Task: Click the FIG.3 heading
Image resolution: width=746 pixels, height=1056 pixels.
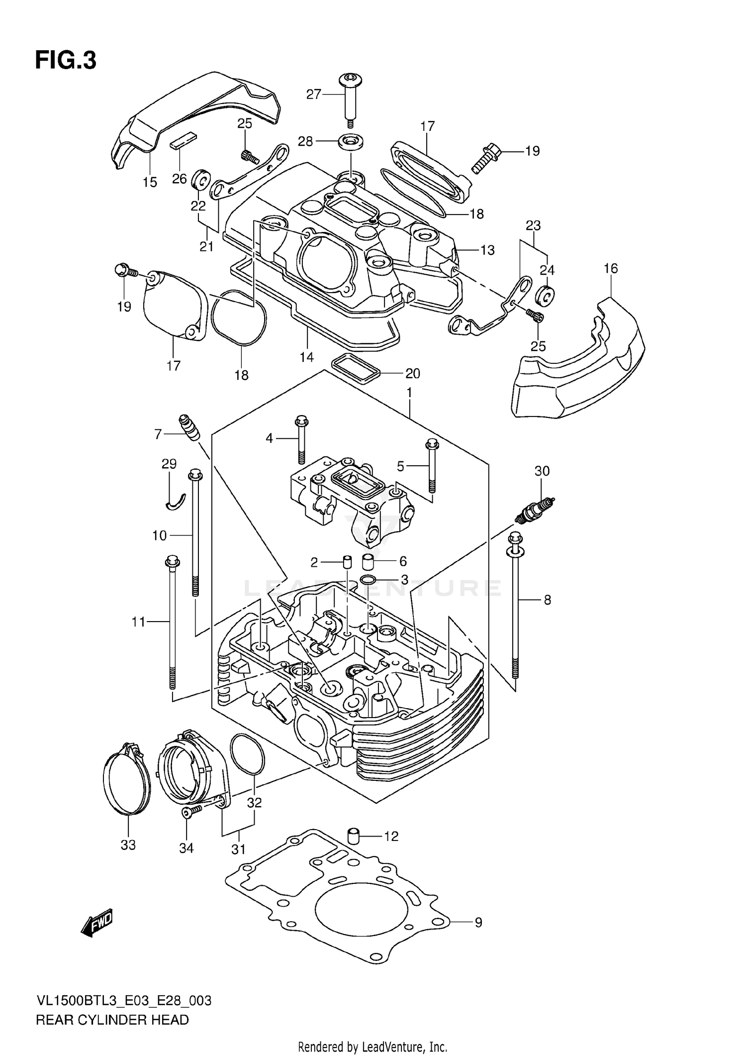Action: (65, 61)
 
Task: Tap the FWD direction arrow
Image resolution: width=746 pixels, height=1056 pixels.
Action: (97, 923)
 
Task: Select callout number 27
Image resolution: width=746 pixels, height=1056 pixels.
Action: (314, 94)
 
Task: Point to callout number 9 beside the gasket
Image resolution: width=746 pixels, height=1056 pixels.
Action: (478, 923)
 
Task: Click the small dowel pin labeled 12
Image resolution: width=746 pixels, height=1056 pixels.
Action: (353, 836)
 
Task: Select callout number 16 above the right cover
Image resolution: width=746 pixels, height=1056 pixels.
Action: (611, 269)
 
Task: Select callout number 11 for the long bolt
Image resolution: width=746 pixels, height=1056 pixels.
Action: (138, 622)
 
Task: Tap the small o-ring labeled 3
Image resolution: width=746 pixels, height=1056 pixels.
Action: (369, 580)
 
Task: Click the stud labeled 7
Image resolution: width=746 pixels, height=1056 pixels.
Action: (189, 427)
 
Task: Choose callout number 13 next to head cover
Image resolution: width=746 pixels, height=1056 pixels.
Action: (487, 250)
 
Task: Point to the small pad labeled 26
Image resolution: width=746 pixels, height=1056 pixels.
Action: (184, 142)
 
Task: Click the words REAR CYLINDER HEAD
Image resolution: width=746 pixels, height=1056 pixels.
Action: (112, 1020)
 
